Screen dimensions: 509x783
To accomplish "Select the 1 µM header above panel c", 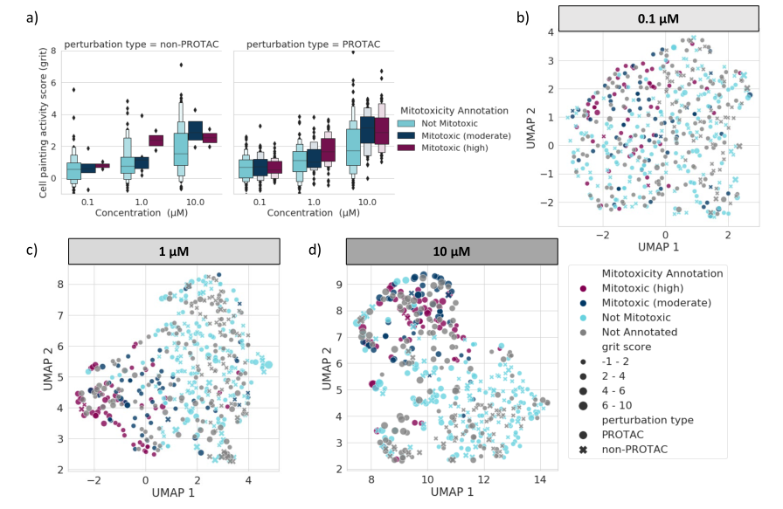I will click(x=173, y=251).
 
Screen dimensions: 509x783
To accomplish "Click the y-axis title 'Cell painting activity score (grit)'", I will click(x=44, y=122).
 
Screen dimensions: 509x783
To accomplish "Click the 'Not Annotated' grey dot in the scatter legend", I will click(x=583, y=333).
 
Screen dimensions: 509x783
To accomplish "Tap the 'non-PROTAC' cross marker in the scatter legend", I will click(x=583, y=451).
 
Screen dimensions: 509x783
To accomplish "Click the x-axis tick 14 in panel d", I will click(x=540, y=480).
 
